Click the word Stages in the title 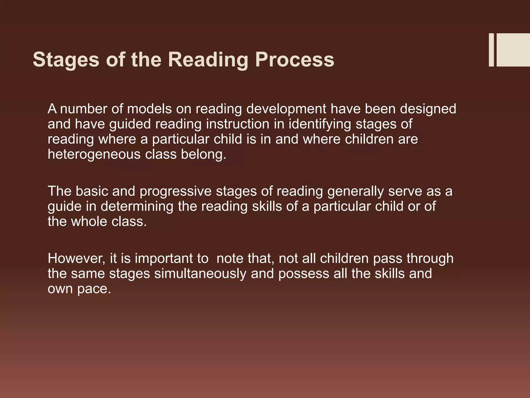66,60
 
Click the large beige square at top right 513,50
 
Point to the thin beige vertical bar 491,50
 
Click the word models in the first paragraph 149,109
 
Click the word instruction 238,124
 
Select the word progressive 175,192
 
